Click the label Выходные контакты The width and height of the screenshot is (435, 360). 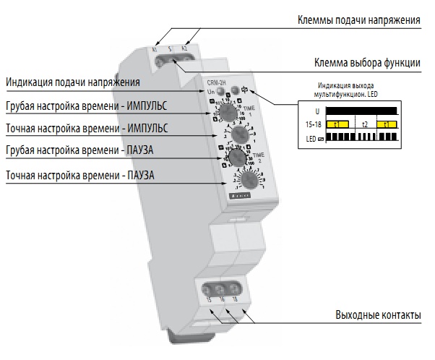378,316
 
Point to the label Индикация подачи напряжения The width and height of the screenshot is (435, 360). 72,82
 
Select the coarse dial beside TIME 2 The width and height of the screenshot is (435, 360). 235,157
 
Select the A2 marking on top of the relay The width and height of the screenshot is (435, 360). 184,48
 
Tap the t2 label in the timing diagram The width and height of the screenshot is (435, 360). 364,124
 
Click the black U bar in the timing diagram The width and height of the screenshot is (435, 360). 361,111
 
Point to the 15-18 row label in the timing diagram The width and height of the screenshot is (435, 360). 311,124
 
